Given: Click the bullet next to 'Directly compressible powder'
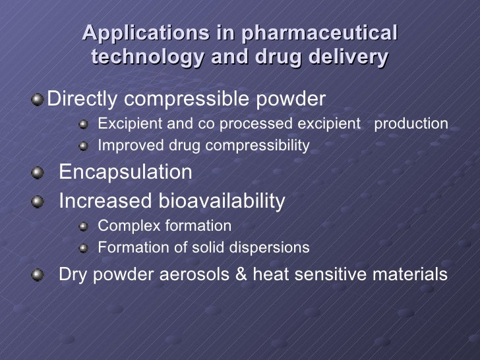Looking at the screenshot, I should click(40, 100).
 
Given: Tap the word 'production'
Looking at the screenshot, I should click(411, 124).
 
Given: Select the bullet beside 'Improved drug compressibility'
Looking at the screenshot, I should click(83, 145).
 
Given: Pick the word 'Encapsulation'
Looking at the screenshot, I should click(126, 172).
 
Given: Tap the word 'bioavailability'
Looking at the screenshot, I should click(222, 201).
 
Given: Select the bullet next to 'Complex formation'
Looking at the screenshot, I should click(83, 227).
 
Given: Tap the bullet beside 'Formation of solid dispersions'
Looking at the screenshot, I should click(83, 248).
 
